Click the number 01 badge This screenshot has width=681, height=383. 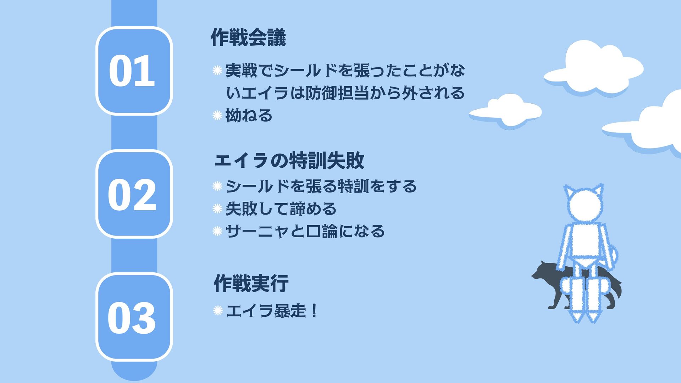coord(134,71)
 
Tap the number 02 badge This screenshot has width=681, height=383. coord(134,194)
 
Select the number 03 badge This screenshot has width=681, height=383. coord(134,317)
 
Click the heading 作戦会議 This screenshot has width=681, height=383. coord(248,38)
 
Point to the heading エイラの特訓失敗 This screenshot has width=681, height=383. coord(289,160)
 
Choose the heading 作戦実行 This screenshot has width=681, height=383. coord(251,283)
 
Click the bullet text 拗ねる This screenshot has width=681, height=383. coord(249,116)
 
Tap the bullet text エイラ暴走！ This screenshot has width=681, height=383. coord(271,311)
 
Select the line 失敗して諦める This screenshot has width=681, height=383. coord(281,209)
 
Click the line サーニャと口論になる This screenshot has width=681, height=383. coord(305,231)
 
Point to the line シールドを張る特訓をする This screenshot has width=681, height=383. coord(321,186)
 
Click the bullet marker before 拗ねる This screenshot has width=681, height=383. coord(217,116)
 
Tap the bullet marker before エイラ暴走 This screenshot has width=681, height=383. coord(217,311)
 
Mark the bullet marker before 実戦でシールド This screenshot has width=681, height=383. coord(217,71)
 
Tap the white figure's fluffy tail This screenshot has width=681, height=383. coord(613,255)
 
